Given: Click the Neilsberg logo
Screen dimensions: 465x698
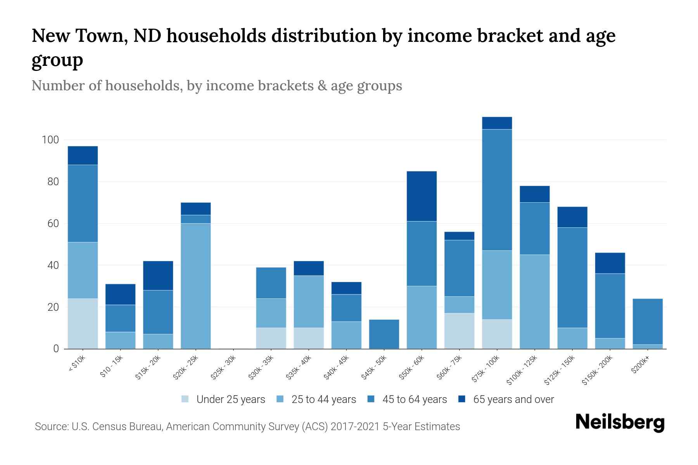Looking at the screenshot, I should tap(620, 423).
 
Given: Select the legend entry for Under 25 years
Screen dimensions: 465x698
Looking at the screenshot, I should tap(223, 400).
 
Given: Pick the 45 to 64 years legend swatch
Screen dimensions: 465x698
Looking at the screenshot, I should tap(371, 399).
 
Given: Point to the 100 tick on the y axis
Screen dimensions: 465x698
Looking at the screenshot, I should tap(50, 140).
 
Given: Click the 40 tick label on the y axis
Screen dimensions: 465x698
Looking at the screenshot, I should tap(52, 265).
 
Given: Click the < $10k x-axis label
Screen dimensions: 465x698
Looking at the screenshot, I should tap(77, 364).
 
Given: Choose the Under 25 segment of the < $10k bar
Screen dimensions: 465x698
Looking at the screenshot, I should tap(83, 324).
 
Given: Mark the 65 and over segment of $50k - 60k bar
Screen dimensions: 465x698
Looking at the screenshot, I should tap(422, 196).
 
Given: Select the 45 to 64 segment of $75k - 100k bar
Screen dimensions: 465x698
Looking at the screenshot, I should tap(497, 190).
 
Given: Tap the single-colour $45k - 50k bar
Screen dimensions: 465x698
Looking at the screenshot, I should tap(384, 334).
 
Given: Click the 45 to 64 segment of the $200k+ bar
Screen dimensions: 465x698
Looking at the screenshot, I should tap(647, 322).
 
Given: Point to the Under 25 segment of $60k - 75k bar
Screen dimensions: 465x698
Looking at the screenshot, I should tap(459, 331).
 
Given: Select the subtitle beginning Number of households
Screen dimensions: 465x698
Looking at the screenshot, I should tap(216, 86).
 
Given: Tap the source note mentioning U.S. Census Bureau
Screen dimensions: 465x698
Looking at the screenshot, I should tap(247, 427).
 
